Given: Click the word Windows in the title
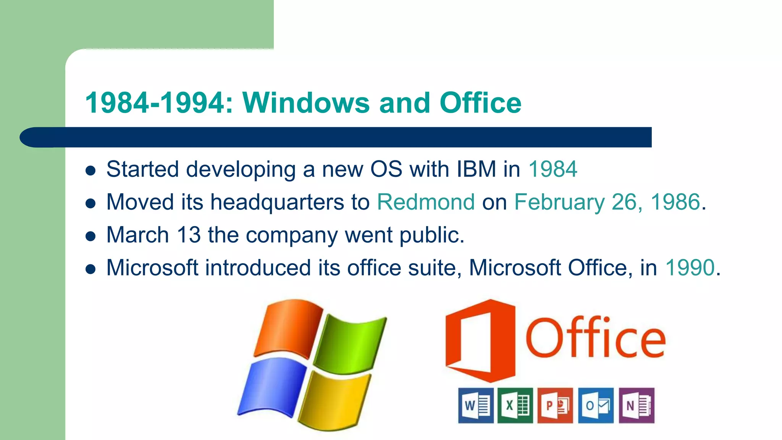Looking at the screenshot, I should click(306, 103).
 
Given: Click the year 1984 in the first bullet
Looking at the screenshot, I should click(553, 169).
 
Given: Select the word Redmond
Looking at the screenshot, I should click(426, 202).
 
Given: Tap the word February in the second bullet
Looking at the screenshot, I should click(559, 202).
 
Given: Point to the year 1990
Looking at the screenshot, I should click(690, 267).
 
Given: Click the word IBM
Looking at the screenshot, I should click(476, 169).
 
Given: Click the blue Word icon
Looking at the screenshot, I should click(475, 405).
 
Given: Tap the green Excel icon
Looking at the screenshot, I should click(515, 405).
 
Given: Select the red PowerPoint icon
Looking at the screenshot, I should click(555, 405).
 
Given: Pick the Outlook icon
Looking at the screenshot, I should click(596, 405).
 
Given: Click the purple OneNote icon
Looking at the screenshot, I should click(636, 405).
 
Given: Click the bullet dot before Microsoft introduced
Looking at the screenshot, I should click(90, 269).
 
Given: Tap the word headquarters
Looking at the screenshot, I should click(277, 202).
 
